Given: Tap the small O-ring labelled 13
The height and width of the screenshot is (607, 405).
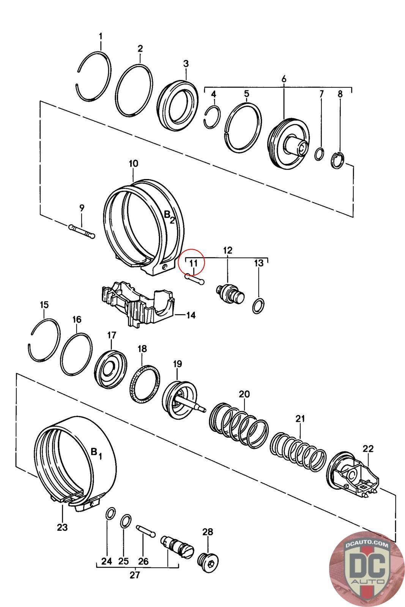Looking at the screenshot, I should click(x=258, y=306).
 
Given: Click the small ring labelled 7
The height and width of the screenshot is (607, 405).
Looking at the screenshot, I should click(x=320, y=154).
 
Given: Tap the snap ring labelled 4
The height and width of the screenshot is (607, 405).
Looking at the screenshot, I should click(x=212, y=118).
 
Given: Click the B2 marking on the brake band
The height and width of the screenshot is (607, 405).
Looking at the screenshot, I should click(x=169, y=217).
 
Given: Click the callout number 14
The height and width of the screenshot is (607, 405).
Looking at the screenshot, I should click(x=191, y=315).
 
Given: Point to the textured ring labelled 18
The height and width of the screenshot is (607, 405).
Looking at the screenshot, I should click(x=145, y=384).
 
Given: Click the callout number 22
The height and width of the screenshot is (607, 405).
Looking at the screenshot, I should click(x=368, y=448).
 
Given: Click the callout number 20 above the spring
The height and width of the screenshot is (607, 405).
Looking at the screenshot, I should click(x=244, y=394).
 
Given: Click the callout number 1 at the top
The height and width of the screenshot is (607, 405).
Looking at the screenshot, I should click(x=101, y=36).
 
